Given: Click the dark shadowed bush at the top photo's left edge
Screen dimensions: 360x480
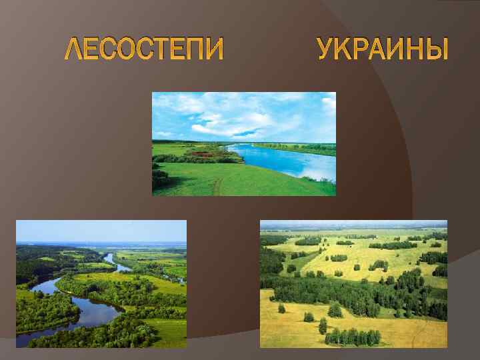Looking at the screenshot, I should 159,177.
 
